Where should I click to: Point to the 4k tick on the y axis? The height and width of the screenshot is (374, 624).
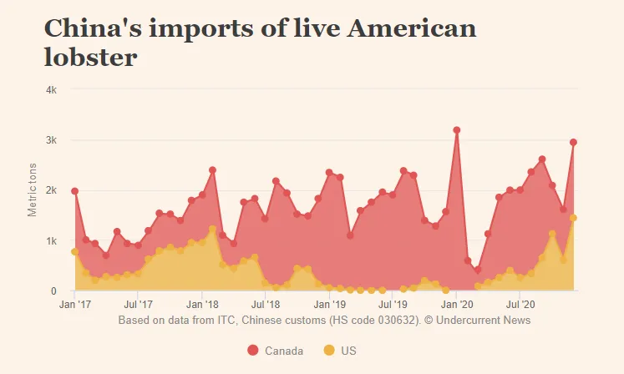(x=50, y=89)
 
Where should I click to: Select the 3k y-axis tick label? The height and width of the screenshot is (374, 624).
(x=50, y=139)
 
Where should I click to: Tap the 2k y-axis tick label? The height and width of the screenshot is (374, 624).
(x=50, y=190)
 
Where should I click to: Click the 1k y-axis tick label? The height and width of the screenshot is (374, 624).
(x=50, y=240)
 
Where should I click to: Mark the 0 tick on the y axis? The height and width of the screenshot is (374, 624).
(x=53, y=291)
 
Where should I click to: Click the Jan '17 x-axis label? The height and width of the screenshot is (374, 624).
(x=74, y=305)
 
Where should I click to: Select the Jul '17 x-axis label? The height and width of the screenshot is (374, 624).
(x=139, y=305)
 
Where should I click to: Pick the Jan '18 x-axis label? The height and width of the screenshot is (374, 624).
(x=202, y=305)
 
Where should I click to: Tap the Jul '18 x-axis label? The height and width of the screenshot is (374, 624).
(x=266, y=305)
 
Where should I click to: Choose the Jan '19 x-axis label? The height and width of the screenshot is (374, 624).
(x=329, y=305)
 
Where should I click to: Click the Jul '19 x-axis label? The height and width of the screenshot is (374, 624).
(x=393, y=305)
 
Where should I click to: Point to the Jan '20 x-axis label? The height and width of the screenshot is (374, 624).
(x=456, y=305)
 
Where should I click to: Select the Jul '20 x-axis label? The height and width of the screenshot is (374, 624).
(x=520, y=305)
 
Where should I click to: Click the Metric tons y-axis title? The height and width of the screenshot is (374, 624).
(x=33, y=190)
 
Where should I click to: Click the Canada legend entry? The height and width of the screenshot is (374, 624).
(x=275, y=351)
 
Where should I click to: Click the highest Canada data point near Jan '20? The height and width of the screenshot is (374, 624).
(x=457, y=130)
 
